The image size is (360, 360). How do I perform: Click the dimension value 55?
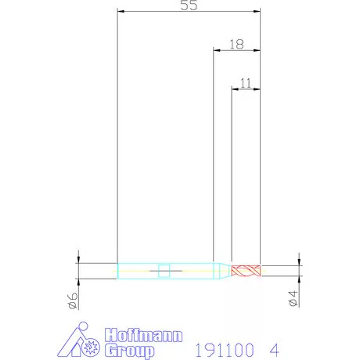[x=189, y=5]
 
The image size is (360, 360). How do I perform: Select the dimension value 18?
[x=236, y=45]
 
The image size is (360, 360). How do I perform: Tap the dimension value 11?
[x=246, y=83]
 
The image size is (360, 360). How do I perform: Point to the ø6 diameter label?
[x=73, y=301]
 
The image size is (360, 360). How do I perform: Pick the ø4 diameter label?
[x=293, y=298]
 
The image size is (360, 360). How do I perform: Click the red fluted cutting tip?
[x=246, y=271]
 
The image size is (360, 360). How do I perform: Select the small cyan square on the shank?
[x=164, y=271]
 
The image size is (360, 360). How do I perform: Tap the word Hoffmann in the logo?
[x=143, y=335]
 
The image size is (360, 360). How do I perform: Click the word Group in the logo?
[x=130, y=351]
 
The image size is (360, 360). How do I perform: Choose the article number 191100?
[x=225, y=350]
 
